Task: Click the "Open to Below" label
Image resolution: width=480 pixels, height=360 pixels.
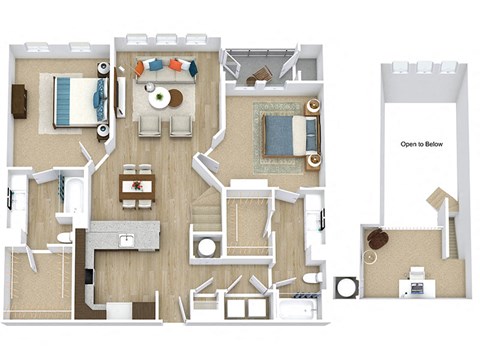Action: coord(422,144)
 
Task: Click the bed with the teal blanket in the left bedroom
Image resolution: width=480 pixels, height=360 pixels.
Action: coord(76,102)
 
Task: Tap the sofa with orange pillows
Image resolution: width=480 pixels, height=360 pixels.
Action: coord(166,69)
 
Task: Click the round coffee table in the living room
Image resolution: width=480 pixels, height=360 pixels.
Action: coord(160,97)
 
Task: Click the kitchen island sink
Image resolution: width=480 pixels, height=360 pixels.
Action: coord(127,240)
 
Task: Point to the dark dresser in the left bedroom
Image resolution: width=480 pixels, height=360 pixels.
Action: coord(19,101)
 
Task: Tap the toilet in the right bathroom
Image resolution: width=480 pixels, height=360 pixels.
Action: coord(311,277)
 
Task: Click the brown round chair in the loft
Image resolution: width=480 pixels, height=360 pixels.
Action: coord(378,240)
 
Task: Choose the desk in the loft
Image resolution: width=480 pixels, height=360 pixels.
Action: coord(413,286)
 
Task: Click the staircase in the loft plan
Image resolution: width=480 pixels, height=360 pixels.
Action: coord(444,215)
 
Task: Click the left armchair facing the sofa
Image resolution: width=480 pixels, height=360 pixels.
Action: coord(149,125)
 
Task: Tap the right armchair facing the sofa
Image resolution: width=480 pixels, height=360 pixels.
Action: coord(180,125)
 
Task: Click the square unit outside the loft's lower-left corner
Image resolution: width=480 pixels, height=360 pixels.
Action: coord(347,287)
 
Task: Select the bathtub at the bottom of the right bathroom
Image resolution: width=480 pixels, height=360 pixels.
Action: coord(297,306)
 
